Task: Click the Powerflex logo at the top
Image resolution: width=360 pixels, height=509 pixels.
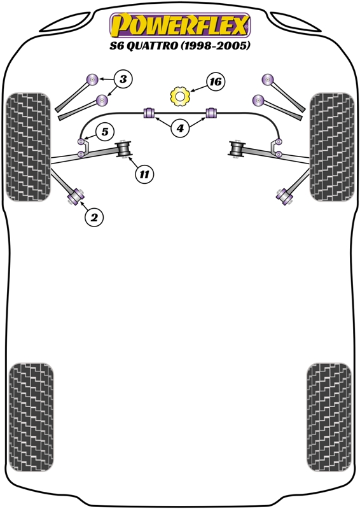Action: point(180,25)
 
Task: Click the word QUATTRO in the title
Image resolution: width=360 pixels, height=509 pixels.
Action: point(151,46)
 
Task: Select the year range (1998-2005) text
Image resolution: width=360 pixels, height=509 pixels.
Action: point(215,46)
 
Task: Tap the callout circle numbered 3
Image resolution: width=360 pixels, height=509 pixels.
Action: point(123,79)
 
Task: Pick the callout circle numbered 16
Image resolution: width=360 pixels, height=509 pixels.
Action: point(216,81)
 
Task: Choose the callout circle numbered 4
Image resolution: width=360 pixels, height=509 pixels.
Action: point(180,129)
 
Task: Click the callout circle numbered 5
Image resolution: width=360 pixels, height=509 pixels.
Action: point(105,132)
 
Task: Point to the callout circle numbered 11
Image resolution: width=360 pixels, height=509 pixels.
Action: point(144,174)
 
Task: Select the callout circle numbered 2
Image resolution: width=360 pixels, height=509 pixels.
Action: point(93,217)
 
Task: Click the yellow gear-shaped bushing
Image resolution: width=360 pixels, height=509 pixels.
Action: point(180,96)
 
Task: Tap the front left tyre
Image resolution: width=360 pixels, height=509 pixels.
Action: point(28,147)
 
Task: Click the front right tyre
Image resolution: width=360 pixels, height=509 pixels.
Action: point(331,147)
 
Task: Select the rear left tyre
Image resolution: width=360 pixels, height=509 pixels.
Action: point(31,417)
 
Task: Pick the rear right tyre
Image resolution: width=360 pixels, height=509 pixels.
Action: point(329,417)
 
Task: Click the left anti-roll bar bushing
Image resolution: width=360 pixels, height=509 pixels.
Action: point(149,113)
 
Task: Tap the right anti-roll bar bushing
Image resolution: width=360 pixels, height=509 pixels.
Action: point(212,113)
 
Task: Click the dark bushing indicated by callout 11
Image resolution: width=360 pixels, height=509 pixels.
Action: point(123,149)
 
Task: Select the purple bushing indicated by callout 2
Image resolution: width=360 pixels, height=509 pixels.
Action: point(75,197)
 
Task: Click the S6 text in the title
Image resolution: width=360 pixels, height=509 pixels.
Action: point(116,46)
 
